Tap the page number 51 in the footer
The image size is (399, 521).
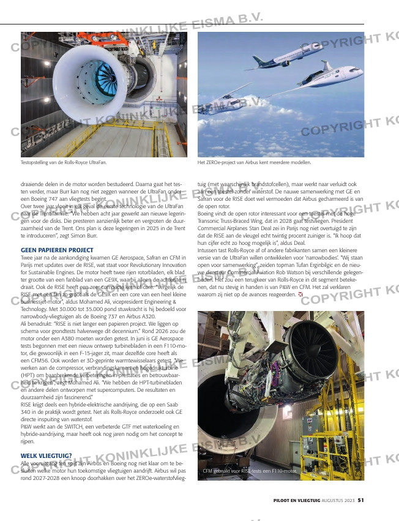pyautogui.click(x=361, y=500)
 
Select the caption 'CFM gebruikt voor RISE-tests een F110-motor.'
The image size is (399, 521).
pyautogui.click(x=250, y=471)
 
